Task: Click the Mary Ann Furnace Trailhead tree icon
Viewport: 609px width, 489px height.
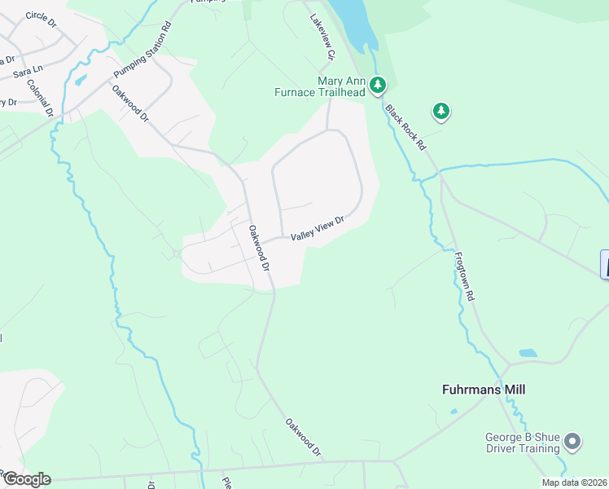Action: point(377,84)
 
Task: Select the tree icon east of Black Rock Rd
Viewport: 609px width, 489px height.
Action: point(440,111)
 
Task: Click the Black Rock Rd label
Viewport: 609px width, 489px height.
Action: point(406,127)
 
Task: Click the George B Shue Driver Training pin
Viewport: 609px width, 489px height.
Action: point(572,443)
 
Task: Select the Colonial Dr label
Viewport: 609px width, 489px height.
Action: point(40,96)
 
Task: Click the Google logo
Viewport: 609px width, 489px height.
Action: point(26,478)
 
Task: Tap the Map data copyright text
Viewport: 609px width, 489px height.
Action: point(573,482)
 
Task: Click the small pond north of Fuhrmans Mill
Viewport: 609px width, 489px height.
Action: point(528,354)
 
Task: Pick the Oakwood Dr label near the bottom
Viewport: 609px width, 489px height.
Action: point(304,437)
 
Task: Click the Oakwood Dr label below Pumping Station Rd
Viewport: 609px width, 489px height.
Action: point(131,104)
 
